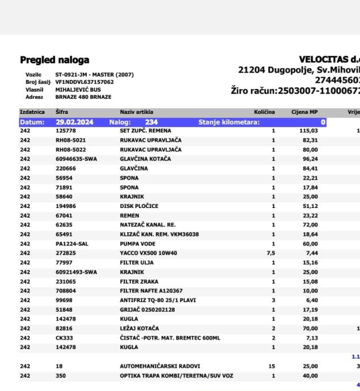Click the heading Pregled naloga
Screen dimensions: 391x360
[54, 60]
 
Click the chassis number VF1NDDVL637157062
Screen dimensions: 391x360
[84, 82]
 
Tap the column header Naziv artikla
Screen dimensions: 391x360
[137, 112]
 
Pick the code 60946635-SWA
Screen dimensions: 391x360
[76, 159]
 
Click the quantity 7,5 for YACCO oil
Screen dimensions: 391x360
[270, 253]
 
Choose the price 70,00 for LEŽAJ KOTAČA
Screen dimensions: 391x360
[310, 328]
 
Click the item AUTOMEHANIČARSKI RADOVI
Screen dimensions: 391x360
[160, 366]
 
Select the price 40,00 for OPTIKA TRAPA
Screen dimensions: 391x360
[310, 376]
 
